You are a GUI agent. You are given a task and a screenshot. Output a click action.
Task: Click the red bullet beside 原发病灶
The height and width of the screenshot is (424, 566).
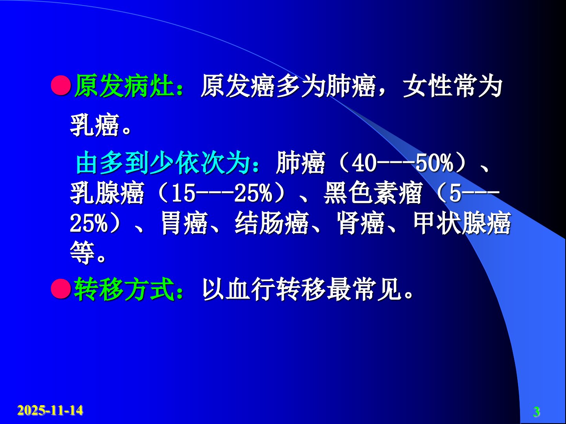point(61,85)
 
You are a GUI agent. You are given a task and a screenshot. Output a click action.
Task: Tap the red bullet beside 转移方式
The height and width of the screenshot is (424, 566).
point(61,289)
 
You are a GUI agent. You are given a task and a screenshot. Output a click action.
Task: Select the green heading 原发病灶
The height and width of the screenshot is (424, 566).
point(124,86)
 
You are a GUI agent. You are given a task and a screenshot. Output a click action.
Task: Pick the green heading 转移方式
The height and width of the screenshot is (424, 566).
point(124,289)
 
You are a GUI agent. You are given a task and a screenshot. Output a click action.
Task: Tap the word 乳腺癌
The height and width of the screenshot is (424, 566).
point(107,193)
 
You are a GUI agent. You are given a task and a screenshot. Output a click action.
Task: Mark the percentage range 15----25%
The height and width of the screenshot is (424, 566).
point(221,194)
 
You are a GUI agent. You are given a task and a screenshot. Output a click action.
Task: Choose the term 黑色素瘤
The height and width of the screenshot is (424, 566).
point(373,193)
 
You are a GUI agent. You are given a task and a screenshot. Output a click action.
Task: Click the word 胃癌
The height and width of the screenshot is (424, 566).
point(184,223)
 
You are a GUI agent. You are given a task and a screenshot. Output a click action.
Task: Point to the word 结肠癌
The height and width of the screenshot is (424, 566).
point(272,223)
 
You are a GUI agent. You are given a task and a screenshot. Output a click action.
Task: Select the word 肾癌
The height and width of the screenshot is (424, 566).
point(361,223)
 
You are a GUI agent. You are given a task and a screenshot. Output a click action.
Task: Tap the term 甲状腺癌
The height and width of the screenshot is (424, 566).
point(462,223)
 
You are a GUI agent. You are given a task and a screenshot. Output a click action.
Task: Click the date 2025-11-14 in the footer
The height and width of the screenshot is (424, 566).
point(50,410)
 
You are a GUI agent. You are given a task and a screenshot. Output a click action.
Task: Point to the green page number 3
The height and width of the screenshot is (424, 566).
point(537,412)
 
